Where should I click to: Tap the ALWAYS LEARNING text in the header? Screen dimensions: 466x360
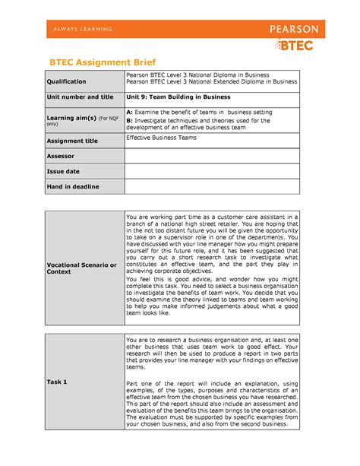pos(82,29)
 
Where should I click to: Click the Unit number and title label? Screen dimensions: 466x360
pos(81,97)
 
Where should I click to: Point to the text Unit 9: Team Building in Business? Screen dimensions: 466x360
pos(174,97)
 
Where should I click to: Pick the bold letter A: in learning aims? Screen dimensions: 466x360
pos(130,112)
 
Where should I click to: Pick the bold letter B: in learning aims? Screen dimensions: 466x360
pos(129,120)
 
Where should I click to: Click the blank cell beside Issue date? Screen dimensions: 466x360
pos(212,172)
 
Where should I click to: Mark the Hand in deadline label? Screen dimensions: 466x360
pos(74,187)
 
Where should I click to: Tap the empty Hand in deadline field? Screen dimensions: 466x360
pos(212,187)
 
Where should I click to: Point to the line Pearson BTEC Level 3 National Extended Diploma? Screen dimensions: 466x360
pos(211,81)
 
